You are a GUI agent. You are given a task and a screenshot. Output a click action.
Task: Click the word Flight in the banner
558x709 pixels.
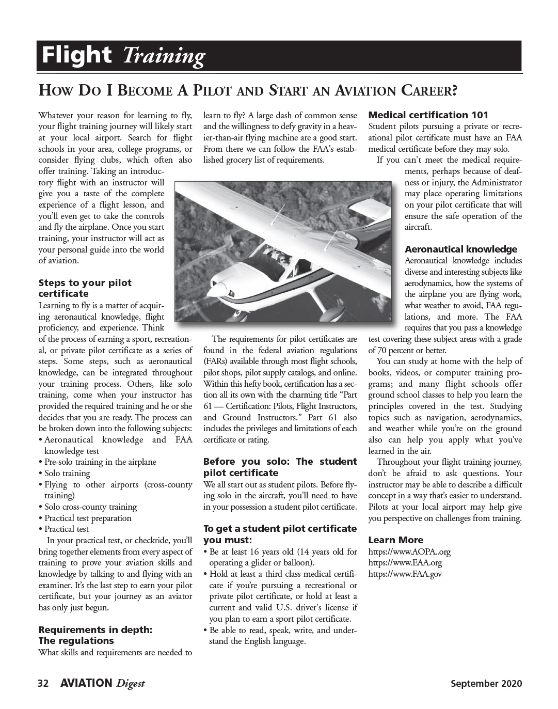pyautogui.click(x=76, y=55)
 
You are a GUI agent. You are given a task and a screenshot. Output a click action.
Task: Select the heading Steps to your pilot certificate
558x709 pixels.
pyautogui.click(x=85, y=288)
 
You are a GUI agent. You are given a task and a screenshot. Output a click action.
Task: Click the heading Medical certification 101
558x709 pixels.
pyautogui.click(x=428, y=115)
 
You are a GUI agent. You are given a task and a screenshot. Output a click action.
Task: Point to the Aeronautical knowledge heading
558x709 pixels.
pyautogui.click(x=460, y=249)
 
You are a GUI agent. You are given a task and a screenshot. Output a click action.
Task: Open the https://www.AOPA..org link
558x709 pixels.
pyautogui.click(x=409, y=552)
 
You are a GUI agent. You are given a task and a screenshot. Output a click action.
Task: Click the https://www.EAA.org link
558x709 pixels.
pyautogui.click(x=405, y=562)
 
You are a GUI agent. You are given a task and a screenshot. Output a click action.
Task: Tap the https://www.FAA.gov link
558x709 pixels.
pyautogui.click(x=405, y=574)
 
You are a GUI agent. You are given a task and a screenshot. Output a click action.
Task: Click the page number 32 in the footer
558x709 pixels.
pyautogui.click(x=43, y=684)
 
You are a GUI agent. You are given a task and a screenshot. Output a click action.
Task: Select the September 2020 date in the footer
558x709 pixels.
pyautogui.click(x=486, y=684)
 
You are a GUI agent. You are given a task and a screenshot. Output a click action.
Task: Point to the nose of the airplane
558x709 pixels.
pyautogui.click(x=221, y=284)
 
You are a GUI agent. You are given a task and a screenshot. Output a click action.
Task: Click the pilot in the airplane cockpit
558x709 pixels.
pyautogui.click(x=282, y=257)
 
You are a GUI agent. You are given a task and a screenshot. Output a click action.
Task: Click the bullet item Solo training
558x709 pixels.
pyautogui.click(x=67, y=473)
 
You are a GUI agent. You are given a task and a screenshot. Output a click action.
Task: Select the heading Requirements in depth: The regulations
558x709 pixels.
pyautogui.click(x=95, y=635)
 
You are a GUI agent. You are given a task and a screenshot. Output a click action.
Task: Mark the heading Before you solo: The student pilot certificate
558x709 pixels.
pyautogui.click(x=280, y=467)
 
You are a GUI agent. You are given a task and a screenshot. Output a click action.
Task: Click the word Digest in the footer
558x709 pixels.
pyautogui.click(x=131, y=684)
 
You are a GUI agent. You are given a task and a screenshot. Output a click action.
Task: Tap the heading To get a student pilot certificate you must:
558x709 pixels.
pyautogui.click(x=280, y=534)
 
